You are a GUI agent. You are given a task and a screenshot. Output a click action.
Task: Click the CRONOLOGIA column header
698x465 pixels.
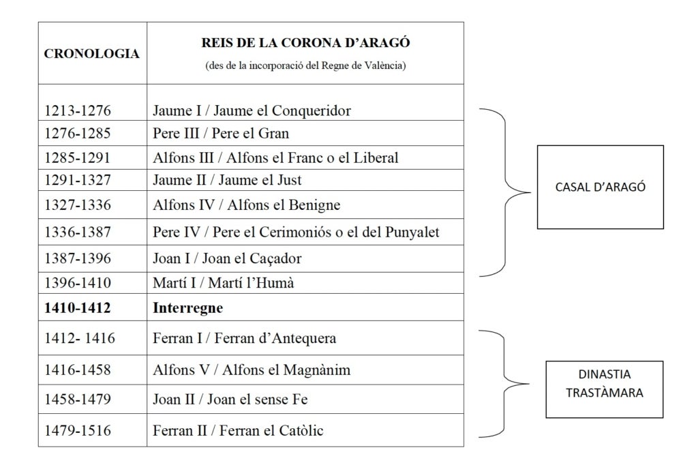click(x=92, y=53)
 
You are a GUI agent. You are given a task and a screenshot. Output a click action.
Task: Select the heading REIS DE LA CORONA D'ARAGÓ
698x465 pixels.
click(x=305, y=43)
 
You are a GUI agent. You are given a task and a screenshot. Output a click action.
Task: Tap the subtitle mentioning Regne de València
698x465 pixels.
click(x=305, y=65)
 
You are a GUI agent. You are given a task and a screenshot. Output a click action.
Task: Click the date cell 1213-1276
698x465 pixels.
click(x=78, y=110)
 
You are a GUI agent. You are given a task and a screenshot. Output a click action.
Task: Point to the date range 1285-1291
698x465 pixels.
click(x=78, y=157)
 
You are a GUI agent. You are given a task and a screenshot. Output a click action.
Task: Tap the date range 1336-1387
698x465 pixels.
click(x=78, y=232)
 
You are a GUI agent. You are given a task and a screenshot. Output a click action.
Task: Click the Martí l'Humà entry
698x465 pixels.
click(x=224, y=283)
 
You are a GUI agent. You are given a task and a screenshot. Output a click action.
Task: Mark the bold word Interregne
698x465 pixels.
click(x=188, y=307)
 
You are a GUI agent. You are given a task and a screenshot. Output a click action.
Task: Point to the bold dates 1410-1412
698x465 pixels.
click(x=78, y=307)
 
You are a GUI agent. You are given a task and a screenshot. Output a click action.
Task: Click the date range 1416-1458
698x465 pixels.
click(x=78, y=370)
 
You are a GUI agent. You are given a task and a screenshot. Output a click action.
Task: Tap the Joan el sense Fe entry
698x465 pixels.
click(x=230, y=399)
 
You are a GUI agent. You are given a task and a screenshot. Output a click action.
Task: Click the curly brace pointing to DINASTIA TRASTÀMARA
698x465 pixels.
click(x=504, y=383)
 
